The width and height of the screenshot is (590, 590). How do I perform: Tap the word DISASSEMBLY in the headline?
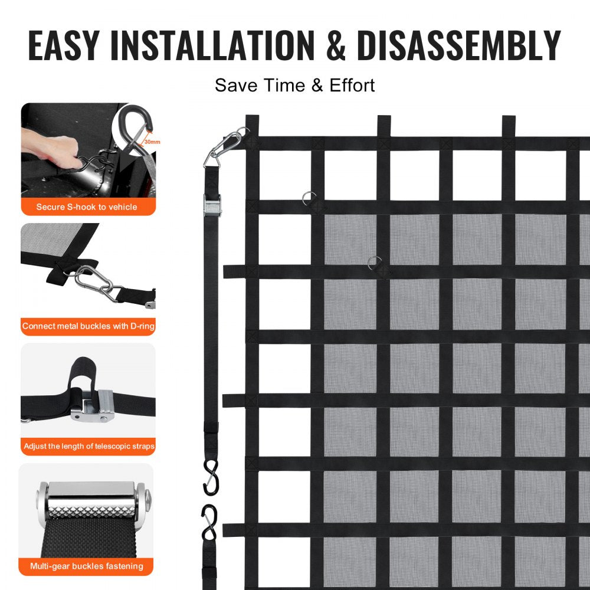tap(458, 45)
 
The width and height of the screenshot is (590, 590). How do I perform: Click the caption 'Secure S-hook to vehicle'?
tap(87, 207)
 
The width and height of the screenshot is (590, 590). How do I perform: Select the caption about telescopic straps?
tap(88, 446)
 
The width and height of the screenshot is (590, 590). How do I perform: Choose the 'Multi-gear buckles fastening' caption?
tap(87, 566)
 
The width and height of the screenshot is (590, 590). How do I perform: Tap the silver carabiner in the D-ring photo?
tap(94, 280)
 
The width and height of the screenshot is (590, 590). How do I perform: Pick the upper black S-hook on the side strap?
tap(211, 477)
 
